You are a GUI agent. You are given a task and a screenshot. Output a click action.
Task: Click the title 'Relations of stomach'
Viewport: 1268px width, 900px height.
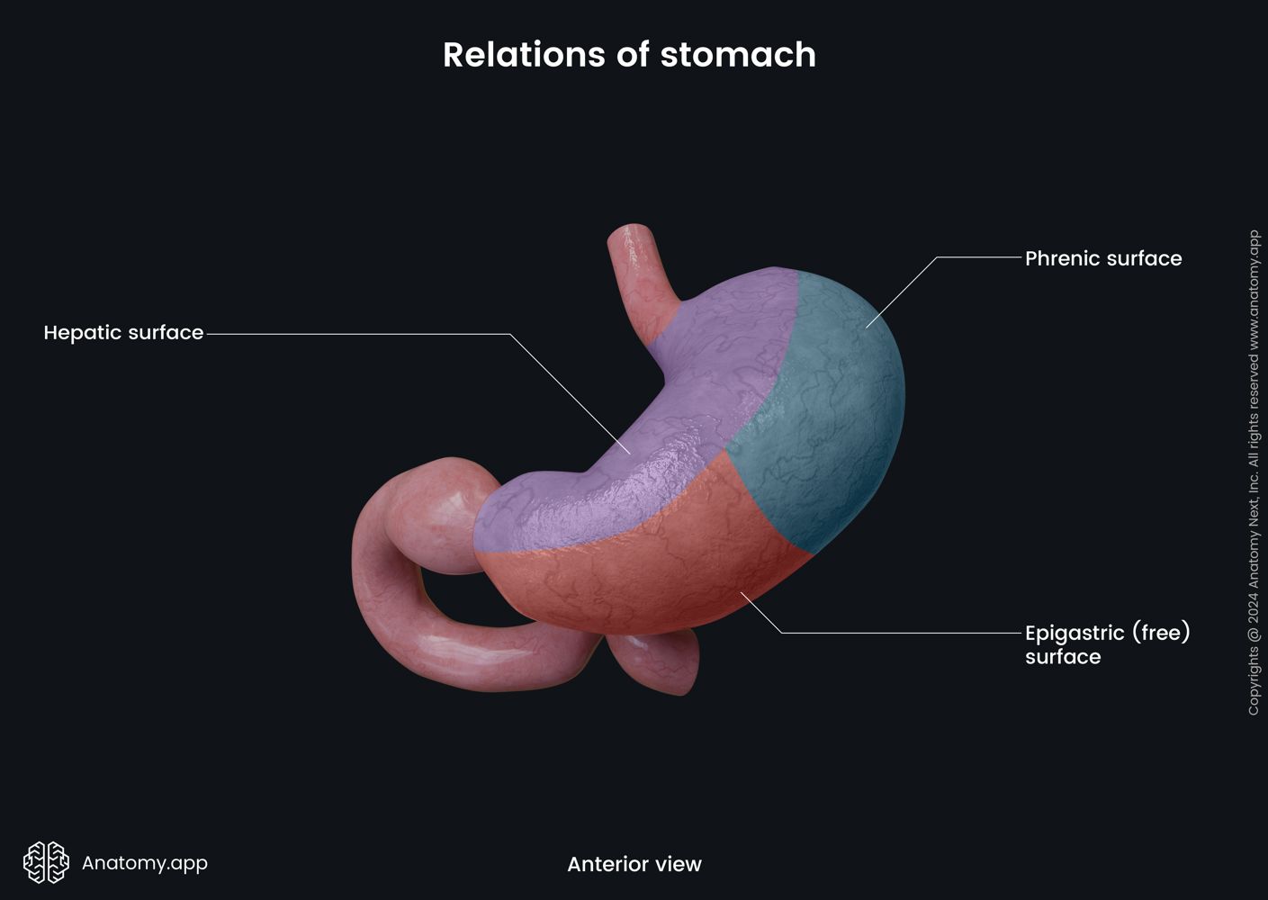(629, 55)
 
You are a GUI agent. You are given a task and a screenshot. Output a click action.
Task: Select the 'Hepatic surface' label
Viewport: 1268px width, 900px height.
(123, 333)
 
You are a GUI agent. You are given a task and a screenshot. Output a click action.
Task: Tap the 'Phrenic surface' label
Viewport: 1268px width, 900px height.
(1102, 259)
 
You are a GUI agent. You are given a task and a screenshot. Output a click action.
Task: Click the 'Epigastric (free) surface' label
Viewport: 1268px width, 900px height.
(1107, 644)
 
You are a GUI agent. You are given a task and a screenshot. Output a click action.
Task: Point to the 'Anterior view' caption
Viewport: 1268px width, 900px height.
(634, 865)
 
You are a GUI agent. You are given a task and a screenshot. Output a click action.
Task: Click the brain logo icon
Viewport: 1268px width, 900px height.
(46, 862)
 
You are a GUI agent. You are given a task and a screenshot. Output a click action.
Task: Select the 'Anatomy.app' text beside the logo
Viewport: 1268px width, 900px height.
(145, 863)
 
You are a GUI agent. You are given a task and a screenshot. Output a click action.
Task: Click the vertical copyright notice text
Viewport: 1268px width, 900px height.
(1254, 472)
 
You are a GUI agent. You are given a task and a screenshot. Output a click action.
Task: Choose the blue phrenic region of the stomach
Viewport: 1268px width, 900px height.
(828, 405)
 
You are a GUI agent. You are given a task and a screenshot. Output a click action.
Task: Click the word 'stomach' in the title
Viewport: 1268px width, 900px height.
(738, 55)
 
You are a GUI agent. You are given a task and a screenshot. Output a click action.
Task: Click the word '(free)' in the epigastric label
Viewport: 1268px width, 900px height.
(1161, 633)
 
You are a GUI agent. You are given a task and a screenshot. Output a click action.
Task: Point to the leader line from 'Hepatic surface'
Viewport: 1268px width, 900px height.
(360, 334)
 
